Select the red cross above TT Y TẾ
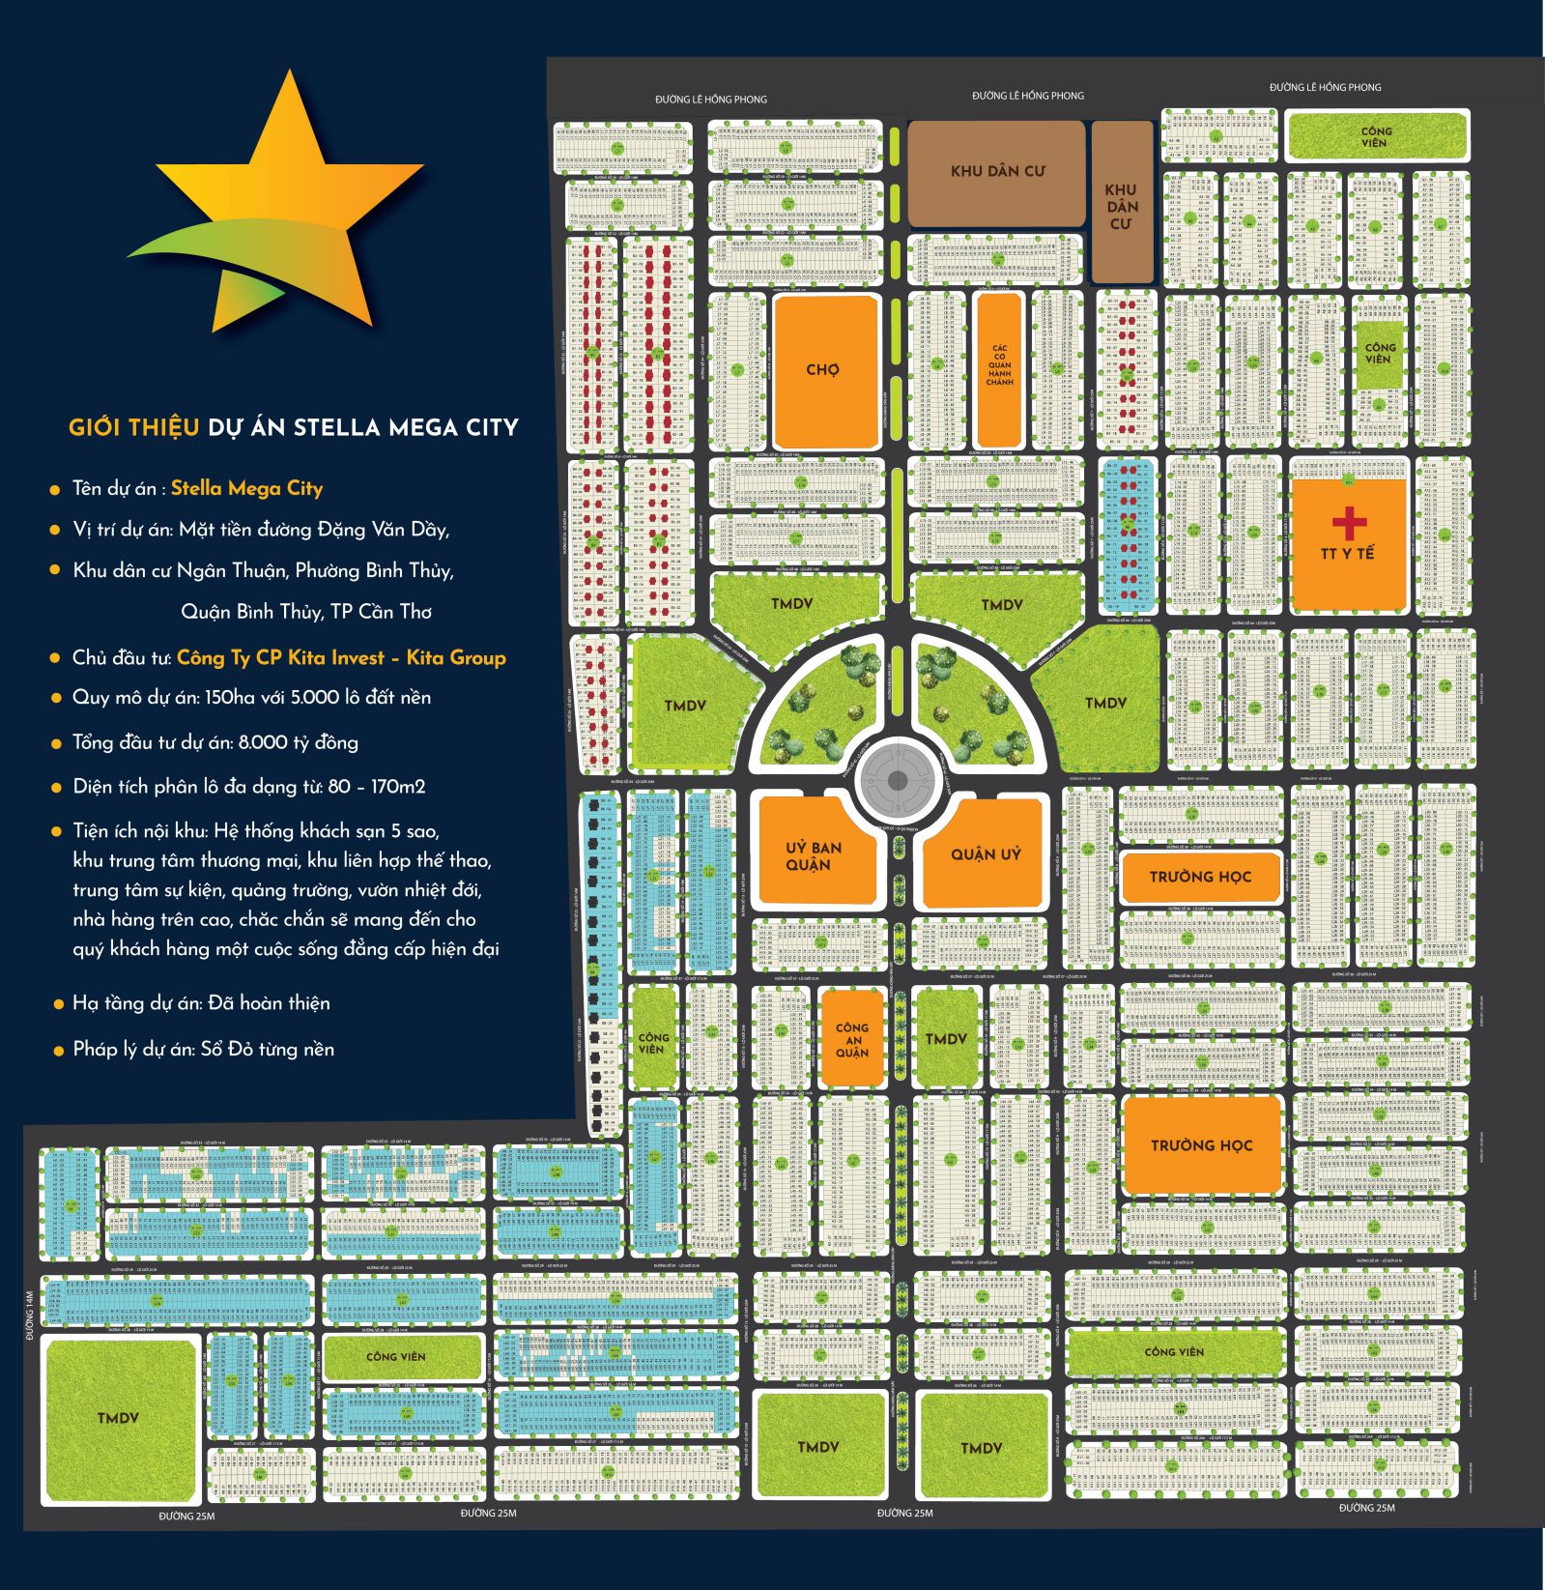coord(1349,523)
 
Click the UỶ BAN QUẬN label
coord(813,855)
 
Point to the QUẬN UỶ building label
coord(986,853)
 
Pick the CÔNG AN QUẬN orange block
coord(852,1040)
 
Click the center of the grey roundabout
coord(898,781)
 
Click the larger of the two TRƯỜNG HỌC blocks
coord(1202,1145)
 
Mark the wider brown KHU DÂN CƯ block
coord(997,171)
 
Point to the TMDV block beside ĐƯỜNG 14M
coord(118,1418)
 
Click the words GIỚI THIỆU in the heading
coord(133,427)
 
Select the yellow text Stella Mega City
coord(246,488)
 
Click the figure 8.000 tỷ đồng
coord(298,742)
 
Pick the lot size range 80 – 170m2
coord(376,787)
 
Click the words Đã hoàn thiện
coord(269,1003)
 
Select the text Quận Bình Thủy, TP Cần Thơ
coord(306,612)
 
